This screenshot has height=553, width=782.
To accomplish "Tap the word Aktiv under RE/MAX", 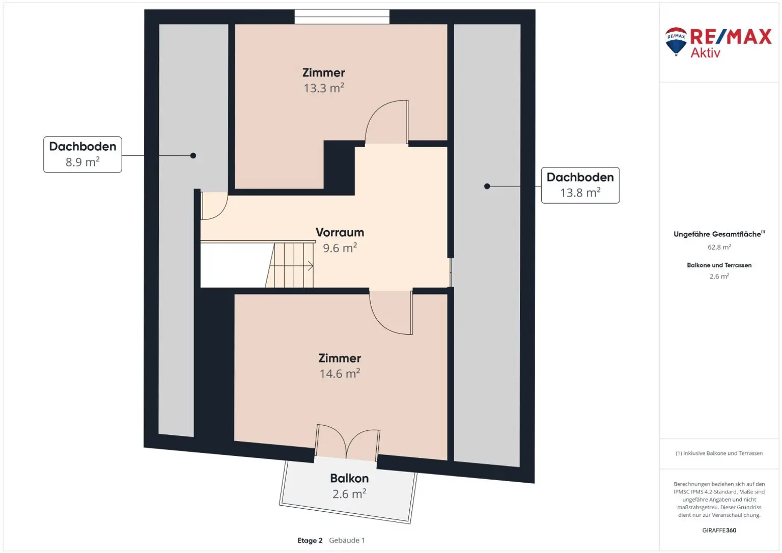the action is click(x=705, y=53).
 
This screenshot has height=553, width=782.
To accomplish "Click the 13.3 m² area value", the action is click(x=324, y=88).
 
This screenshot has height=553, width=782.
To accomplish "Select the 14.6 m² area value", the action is click(x=340, y=374).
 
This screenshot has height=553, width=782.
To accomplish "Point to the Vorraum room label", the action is click(x=340, y=233).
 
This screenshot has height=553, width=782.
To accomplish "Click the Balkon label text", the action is click(x=349, y=478).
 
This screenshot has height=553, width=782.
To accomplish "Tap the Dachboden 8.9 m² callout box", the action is click(x=83, y=155).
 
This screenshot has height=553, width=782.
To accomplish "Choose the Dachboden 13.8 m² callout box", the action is click(x=580, y=185).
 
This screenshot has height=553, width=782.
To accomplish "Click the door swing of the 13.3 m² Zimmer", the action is click(x=386, y=122).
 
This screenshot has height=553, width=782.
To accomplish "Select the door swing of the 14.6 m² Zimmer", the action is click(x=391, y=313).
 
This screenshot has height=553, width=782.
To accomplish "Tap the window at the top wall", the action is click(x=342, y=17).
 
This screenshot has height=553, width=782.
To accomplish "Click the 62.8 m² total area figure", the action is click(x=719, y=247).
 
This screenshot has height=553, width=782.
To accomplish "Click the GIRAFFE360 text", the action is click(x=719, y=530).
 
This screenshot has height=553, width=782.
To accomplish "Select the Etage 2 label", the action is click(x=310, y=540).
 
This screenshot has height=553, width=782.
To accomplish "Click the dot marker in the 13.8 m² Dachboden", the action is click(x=487, y=186).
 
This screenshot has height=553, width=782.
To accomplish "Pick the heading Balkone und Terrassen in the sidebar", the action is click(x=719, y=265).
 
